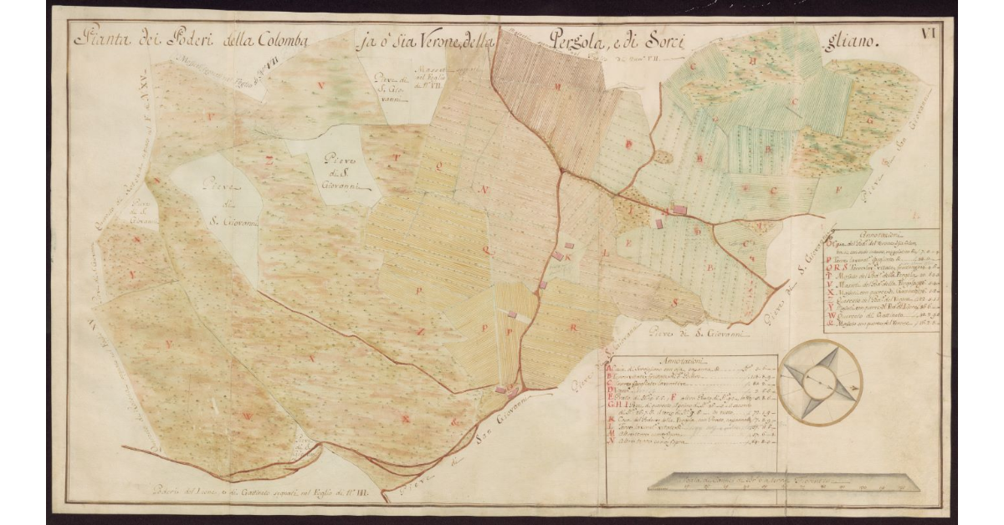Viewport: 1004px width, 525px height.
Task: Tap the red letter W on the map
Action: pos(247,415)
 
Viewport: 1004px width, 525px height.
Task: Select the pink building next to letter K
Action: pos(557,255)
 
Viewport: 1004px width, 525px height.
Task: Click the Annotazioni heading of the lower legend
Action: pos(690,360)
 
